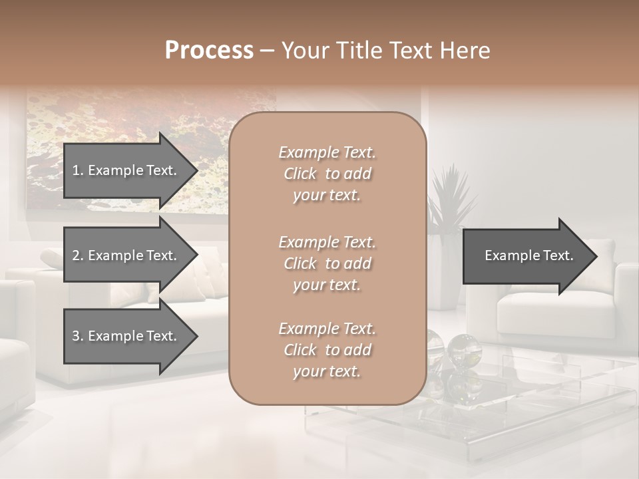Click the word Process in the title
click(x=209, y=51)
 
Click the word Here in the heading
click(x=465, y=51)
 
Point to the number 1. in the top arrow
click(x=78, y=170)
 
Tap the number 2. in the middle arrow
click(x=78, y=255)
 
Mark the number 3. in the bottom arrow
click(x=78, y=336)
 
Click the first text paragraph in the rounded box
click(x=327, y=174)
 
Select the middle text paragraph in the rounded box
click(x=327, y=263)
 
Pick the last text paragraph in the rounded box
click(x=327, y=350)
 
